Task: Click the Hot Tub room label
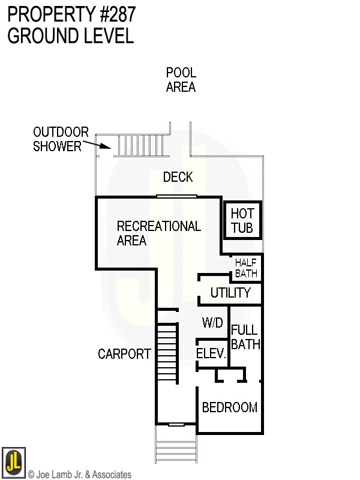pos(242,221)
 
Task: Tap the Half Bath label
pos(246,268)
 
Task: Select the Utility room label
pos(230,293)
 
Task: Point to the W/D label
pos(212,323)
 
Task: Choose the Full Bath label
pos(245,337)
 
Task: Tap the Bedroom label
pos(230,407)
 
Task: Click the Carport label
pos(124,354)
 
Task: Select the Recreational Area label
pos(158,233)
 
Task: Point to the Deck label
pos(178,177)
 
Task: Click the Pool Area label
pos(181,80)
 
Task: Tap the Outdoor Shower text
pos(61,139)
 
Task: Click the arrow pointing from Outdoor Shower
pos(96,144)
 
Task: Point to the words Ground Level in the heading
pos(70,36)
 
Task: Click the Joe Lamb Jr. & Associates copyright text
pos(80,475)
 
